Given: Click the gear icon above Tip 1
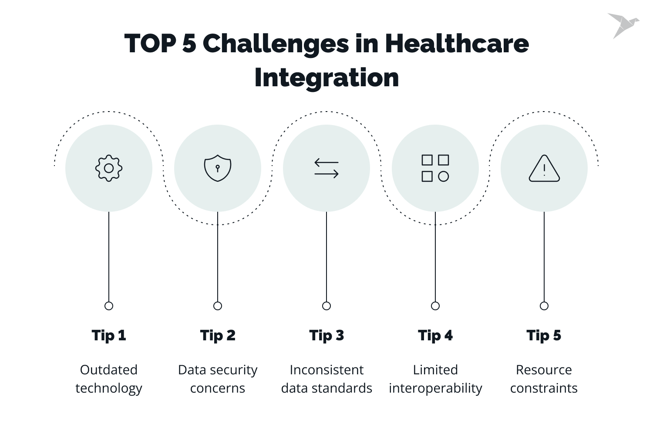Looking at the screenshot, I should pyautogui.click(x=109, y=168).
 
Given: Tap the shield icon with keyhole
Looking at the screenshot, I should pyautogui.click(x=218, y=168).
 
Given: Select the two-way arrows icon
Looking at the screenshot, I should pyautogui.click(x=326, y=168).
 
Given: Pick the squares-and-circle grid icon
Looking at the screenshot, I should pyautogui.click(x=435, y=168).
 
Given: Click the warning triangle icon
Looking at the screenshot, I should pyautogui.click(x=544, y=168).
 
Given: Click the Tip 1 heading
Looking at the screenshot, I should pyautogui.click(x=109, y=336).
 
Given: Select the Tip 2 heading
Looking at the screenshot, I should pyautogui.click(x=218, y=336).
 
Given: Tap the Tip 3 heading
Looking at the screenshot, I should pyautogui.click(x=326, y=336).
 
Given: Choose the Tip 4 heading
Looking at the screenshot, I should pyautogui.click(x=435, y=336).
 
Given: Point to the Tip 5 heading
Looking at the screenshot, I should pyautogui.click(x=544, y=336).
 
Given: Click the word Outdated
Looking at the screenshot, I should pyautogui.click(x=109, y=370).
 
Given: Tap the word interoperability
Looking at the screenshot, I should pyautogui.click(x=435, y=388).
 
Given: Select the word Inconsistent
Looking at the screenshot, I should pyautogui.click(x=326, y=370).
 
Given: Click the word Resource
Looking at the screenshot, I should pyautogui.click(x=544, y=370).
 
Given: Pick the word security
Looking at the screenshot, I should pyautogui.click(x=235, y=370).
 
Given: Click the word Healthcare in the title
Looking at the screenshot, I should pyautogui.click(x=457, y=44).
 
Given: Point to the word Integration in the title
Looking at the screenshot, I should pyautogui.click(x=326, y=78).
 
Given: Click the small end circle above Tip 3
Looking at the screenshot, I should pyautogui.click(x=326, y=306).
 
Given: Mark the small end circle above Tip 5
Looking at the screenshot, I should pyautogui.click(x=544, y=306).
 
